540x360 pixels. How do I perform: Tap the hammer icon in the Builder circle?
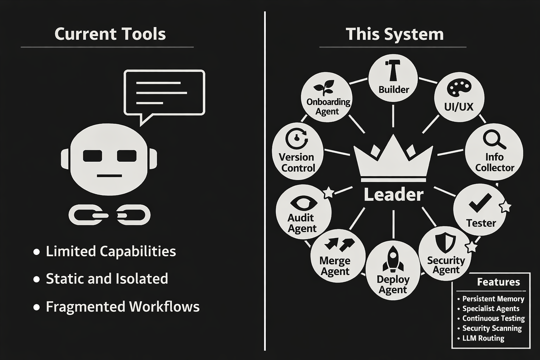tap(392, 70)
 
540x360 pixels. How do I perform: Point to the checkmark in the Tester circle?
tap(480, 203)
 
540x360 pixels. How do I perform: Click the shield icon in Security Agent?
tap(445, 242)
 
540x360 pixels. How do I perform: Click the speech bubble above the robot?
tap(165, 92)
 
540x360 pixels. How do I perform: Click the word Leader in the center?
tap(393, 194)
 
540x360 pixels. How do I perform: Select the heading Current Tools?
tap(110, 34)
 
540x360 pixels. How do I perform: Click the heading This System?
tap(394, 34)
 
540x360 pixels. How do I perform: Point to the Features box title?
tap(498, 282)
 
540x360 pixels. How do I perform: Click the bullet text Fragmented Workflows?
tap(122, 307)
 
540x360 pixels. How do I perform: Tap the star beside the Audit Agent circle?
tap(328, 192)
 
